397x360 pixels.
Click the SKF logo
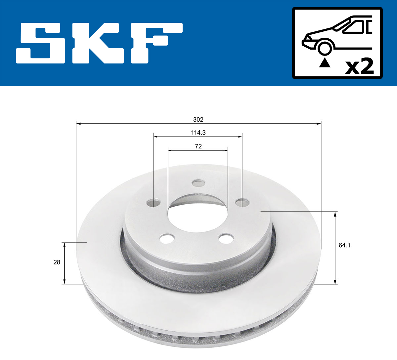[99, 43]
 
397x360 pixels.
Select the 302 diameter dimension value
[198, 119]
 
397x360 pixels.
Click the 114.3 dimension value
[198, 133]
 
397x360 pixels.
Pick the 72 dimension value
[198, 146]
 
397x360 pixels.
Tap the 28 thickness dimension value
[57, 262]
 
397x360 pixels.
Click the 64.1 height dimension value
[344, 245]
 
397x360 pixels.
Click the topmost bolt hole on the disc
[198, 183]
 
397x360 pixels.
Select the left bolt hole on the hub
[154, 202]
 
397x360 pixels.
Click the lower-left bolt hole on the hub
[167, 238]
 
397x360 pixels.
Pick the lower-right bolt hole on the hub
[227, 238]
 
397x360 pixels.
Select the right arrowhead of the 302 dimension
[319, 124]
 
